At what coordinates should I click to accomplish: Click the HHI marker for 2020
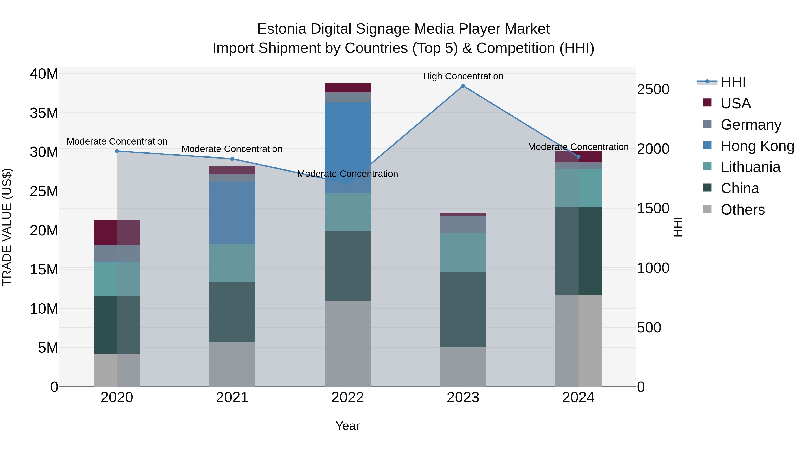coord(117,151)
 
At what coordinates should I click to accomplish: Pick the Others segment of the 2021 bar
coord(232,364)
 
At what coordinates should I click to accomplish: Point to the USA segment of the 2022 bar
coord(347,88)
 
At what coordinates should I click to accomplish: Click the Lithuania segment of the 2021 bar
coord(232,263)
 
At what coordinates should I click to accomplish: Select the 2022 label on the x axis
coord(347,398)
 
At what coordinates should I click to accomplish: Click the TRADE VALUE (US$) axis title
coord(7,227)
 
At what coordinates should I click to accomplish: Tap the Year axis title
coord(347,426)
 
